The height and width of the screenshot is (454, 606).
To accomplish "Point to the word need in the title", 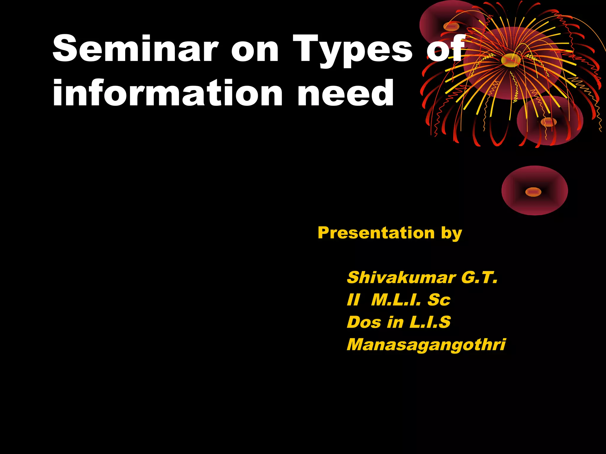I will [x=346, y=93].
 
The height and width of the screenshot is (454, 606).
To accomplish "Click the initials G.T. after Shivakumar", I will [x=479, y=278].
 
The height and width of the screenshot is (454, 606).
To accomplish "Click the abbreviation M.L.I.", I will [x=396, y=300].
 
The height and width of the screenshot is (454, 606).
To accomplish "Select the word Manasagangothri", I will [x=426, y=345].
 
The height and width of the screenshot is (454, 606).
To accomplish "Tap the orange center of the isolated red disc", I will [x=533, y=192].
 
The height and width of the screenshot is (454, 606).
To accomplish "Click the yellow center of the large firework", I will [x=511, y=60].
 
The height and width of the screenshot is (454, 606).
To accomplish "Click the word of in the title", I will [x=445, y=48].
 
